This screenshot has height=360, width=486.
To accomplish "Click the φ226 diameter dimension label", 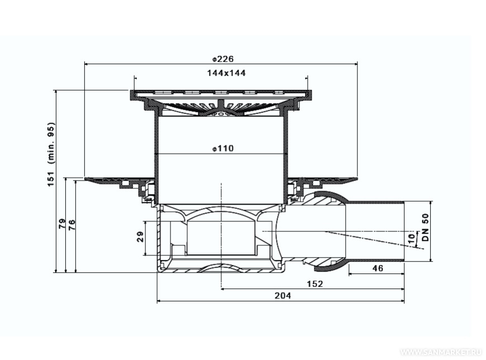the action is pyautogui.click(x=223, y=59).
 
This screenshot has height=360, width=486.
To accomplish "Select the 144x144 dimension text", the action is pyautogui.click(x=226, y=73).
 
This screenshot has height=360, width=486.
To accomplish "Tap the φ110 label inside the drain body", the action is pyautogui.click(x=223, y=149).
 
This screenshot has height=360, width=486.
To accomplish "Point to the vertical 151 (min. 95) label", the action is pyautogui.click(x=51, y=154).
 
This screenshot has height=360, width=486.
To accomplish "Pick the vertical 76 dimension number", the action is pyautogui.click(x=72, y=224).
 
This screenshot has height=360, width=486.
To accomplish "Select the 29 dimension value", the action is pyautogui.click(x=140, y=237).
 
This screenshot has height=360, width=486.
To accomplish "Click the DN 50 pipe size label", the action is pyautogui.click(x=426, y=228).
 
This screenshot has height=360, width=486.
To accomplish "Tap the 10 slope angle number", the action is pyautogui.click(x=411, y=239).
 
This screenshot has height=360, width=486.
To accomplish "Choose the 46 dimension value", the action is pyautogui.click(x=378, y=268).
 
